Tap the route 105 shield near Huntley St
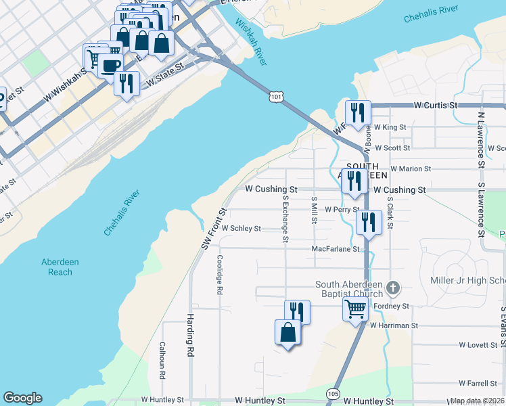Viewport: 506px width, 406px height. (x=332, y=392)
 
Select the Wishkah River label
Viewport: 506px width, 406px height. (x=250, y=41)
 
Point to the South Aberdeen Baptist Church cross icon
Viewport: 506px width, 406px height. (x=394, y=289)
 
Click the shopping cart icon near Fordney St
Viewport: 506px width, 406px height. (x=356, y=310)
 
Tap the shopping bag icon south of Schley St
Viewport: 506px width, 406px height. (x=287, y=332)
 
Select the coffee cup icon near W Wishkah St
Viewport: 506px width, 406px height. (x=110, y=66)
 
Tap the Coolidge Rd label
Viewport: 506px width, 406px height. (x=219, y=275)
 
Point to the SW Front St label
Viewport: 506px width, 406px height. (x=213, y=227)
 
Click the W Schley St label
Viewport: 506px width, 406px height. (x=241, y=229)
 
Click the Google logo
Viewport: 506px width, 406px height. (x=22, y=398)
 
